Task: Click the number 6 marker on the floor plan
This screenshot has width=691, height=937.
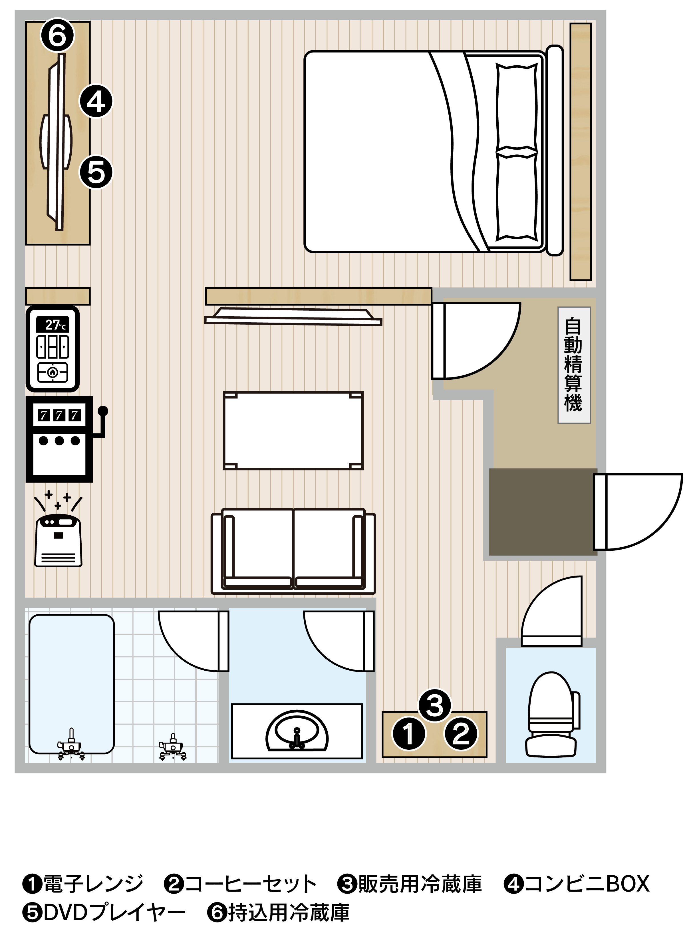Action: [57, 35]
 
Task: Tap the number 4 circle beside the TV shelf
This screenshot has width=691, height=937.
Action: [96, 101]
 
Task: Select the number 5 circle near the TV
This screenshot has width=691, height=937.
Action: [96, 172]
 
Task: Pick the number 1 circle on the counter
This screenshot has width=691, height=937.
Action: [409, 733]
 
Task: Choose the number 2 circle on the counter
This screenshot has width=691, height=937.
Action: [461, 733]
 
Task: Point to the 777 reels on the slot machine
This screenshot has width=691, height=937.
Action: [59, 415]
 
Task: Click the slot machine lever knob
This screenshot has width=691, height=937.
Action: [103, 411]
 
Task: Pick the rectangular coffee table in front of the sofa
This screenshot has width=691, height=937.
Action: [293, 431]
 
